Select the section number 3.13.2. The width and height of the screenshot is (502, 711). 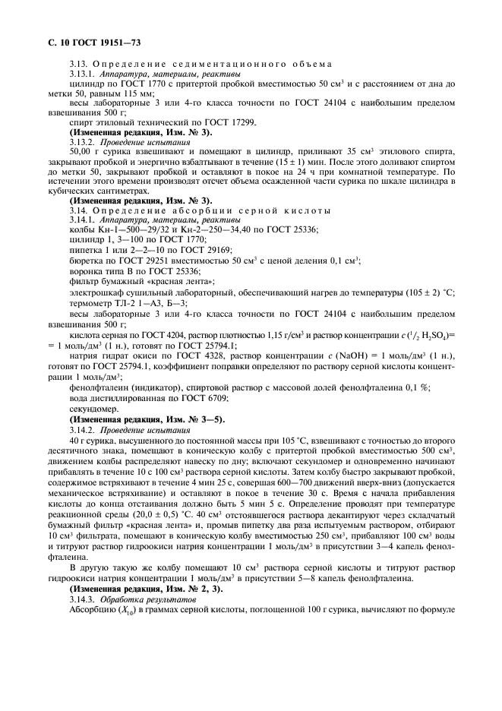coord(82,141)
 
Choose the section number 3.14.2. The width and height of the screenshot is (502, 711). coord(82,429)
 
